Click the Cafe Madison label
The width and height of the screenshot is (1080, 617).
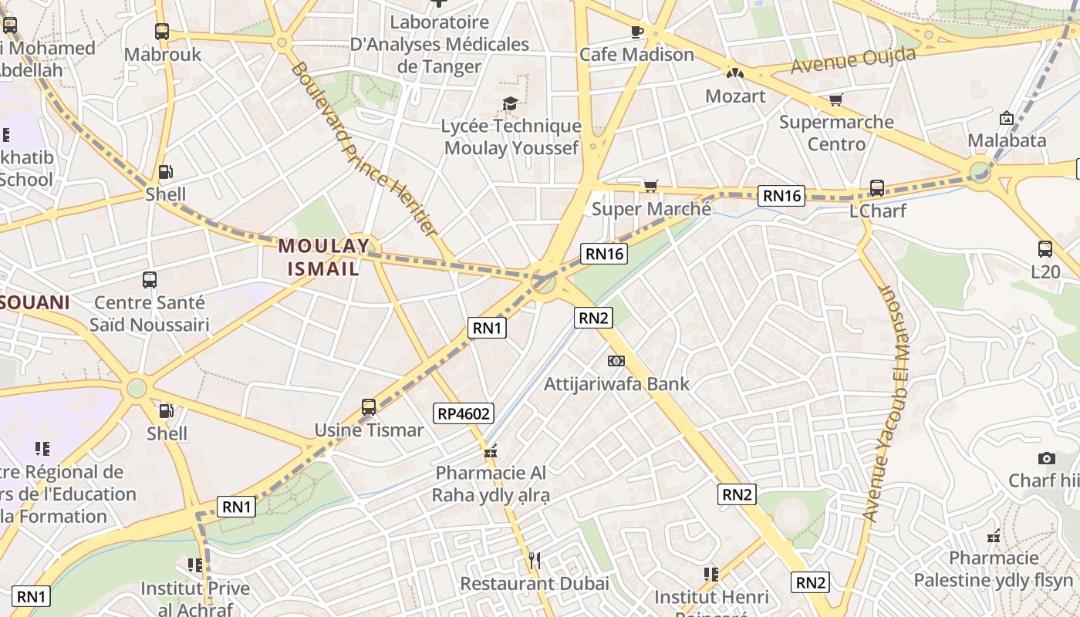636,55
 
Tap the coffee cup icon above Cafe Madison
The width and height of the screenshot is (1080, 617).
636,32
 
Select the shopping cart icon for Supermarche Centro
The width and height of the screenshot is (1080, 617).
835,99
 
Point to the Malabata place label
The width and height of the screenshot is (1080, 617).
1007,140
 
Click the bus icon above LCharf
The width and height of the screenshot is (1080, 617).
876,187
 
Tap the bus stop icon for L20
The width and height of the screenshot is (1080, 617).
1045,249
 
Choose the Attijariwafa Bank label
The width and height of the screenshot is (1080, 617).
616,383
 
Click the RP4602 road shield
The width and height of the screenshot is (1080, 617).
464,413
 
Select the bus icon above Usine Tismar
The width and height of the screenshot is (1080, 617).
369,406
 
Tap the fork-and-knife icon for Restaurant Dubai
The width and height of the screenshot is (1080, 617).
533,559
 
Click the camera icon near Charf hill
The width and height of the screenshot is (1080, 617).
1046,458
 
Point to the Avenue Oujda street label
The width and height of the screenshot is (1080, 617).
853,59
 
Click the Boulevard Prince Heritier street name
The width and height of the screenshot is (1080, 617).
363,150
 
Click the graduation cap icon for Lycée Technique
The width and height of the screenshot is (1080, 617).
510,103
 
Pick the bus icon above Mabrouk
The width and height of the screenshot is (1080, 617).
162,32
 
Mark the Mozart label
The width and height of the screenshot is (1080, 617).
735,96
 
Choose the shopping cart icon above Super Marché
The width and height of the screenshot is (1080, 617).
651,186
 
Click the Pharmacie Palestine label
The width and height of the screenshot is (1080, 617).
994,569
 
